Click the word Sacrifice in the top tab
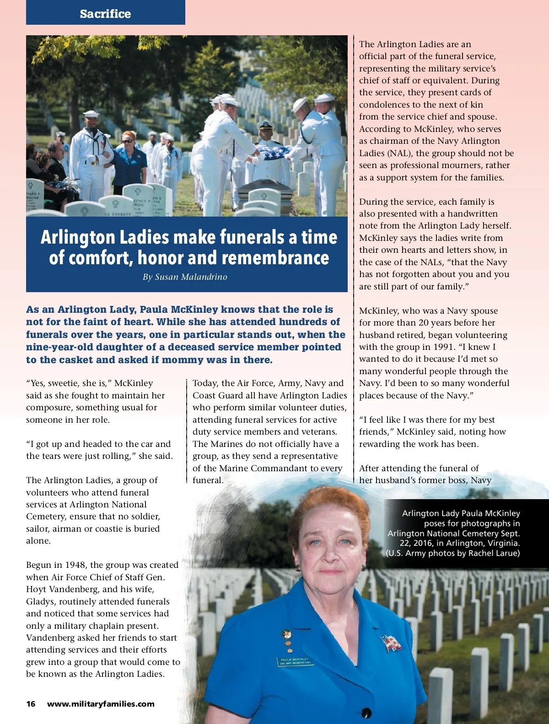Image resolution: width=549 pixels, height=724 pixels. click(x=105, y=14)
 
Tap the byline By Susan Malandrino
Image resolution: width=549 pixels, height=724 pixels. click(x=185, y=277)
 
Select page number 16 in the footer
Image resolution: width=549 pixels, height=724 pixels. click(x=31, y=704)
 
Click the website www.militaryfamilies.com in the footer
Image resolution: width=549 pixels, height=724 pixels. click(x=101, y=704)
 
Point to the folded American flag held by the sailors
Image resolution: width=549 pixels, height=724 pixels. click(x=274, y=152)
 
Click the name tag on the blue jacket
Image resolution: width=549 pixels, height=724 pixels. click(x=295, y=661)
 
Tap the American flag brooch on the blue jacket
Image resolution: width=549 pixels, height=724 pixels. click(x=392, y=642)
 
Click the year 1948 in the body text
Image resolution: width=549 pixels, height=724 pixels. click(x=75, y=565)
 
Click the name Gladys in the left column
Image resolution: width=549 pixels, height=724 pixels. click(x=40, y=601)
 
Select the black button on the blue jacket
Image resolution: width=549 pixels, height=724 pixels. click(x=366, y=713)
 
